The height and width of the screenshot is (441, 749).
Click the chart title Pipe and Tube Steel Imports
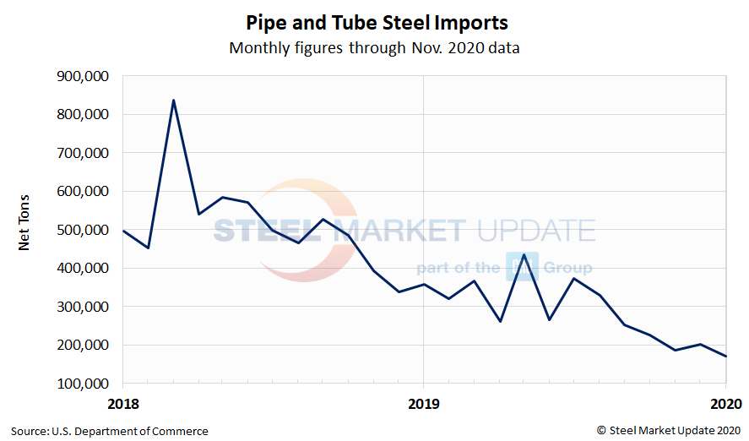coord(376,21)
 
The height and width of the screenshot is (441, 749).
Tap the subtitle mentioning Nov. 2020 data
coord(374,48)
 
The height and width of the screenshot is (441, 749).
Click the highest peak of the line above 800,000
coord(173,101)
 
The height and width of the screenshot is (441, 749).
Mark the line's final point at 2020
coord(725,356)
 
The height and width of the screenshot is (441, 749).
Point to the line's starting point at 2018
coord(124,231)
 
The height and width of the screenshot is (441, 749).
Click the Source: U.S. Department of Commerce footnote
coord(110,431)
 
